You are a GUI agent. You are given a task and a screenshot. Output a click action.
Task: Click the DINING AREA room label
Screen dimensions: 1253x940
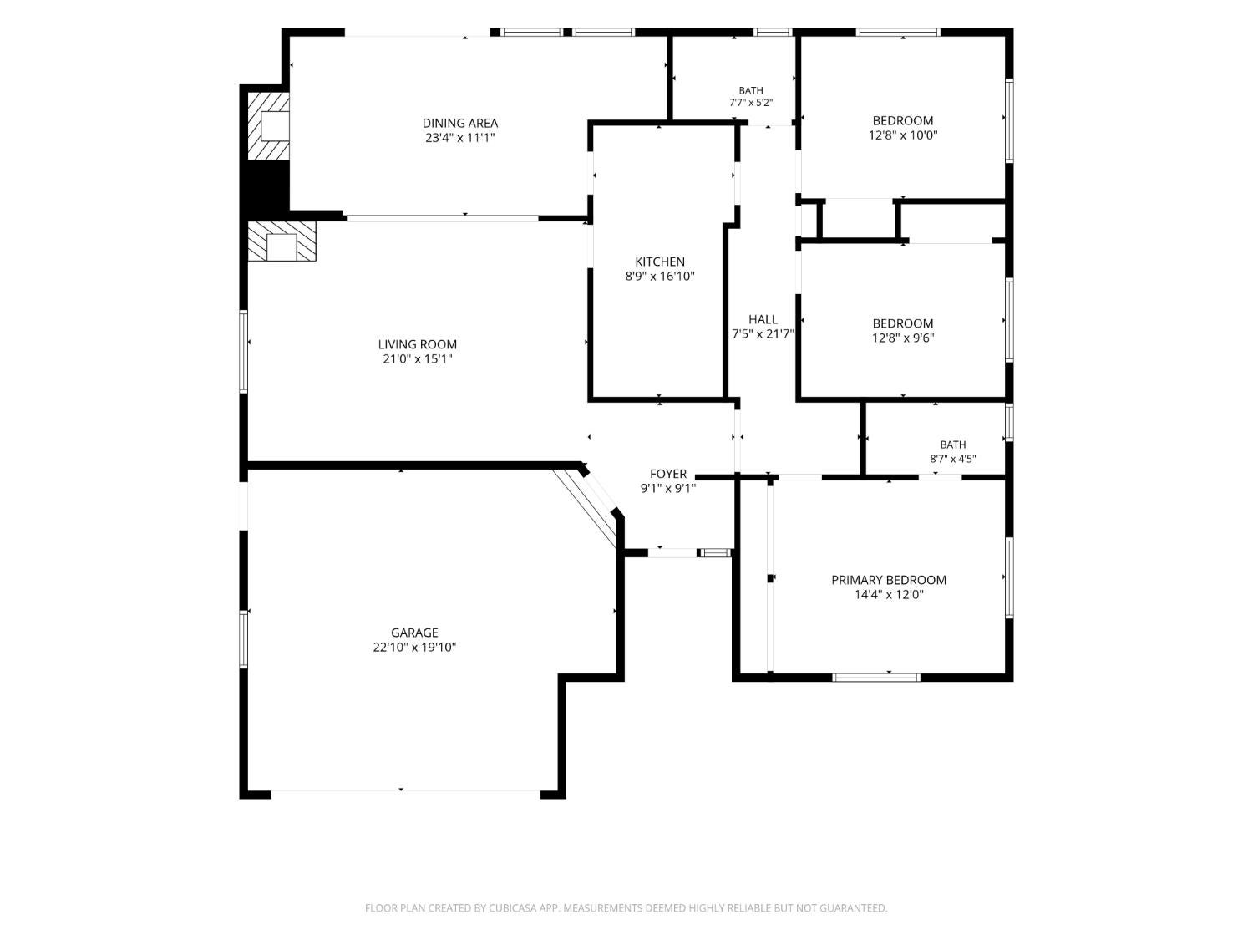pyautogui.click(x=459, y=123)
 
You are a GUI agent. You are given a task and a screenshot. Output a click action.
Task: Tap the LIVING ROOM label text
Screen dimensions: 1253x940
pyautogui.click(x=418, y=344)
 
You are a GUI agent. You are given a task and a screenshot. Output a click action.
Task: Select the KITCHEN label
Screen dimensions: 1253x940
pyautogui.click(x=660, y=262)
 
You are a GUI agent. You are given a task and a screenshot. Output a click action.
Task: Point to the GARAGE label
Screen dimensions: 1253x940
pyautogui.click(x=414, y=633)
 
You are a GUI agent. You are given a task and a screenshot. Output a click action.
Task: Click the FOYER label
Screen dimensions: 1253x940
pyautogui.click(x=668, y=474)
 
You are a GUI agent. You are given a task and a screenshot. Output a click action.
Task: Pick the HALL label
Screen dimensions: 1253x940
pyautogui.click(x=763, y=319)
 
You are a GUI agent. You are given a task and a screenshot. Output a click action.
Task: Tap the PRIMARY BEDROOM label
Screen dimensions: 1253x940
pyautogui.click(x=889, y=580)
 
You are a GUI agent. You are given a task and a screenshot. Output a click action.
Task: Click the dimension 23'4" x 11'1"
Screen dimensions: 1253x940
pyautogui.click(x=459, y=138)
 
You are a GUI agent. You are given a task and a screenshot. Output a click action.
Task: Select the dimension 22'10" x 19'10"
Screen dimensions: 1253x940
pyautogui.click(x=414, y=648)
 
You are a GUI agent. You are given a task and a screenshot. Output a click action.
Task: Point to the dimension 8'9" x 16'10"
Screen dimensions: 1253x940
pyautogui.click(x=660, y=277)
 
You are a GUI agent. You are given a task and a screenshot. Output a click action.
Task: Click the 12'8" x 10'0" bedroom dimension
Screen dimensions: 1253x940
pyautogui.click(x=903, y=135)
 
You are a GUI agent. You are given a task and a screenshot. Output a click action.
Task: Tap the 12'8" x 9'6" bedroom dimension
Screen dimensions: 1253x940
pyautogui.click(x=903, y=338)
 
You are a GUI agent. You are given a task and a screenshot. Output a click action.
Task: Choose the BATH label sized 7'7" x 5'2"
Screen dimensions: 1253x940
pyautogui.click(x=751, y=90)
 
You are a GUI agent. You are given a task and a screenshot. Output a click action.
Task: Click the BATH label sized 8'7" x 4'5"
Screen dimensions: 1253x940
pyautogui.click(x=953, y=444)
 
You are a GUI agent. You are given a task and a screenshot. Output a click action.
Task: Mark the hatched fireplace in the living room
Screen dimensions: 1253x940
pyautogui.click(x=282, y=241)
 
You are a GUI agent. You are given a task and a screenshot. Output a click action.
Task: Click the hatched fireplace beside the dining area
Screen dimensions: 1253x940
pyautogui.click(x=268, y=125)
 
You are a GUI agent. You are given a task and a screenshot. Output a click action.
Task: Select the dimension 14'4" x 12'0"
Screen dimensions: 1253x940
pyautogui.click(x=889, y=595)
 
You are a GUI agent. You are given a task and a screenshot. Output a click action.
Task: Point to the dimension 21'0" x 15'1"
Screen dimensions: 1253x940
pyautogui.click(x=418, y=359)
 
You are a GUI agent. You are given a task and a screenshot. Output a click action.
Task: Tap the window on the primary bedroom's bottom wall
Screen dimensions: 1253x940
pyautogui.click(x=876, y=678)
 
